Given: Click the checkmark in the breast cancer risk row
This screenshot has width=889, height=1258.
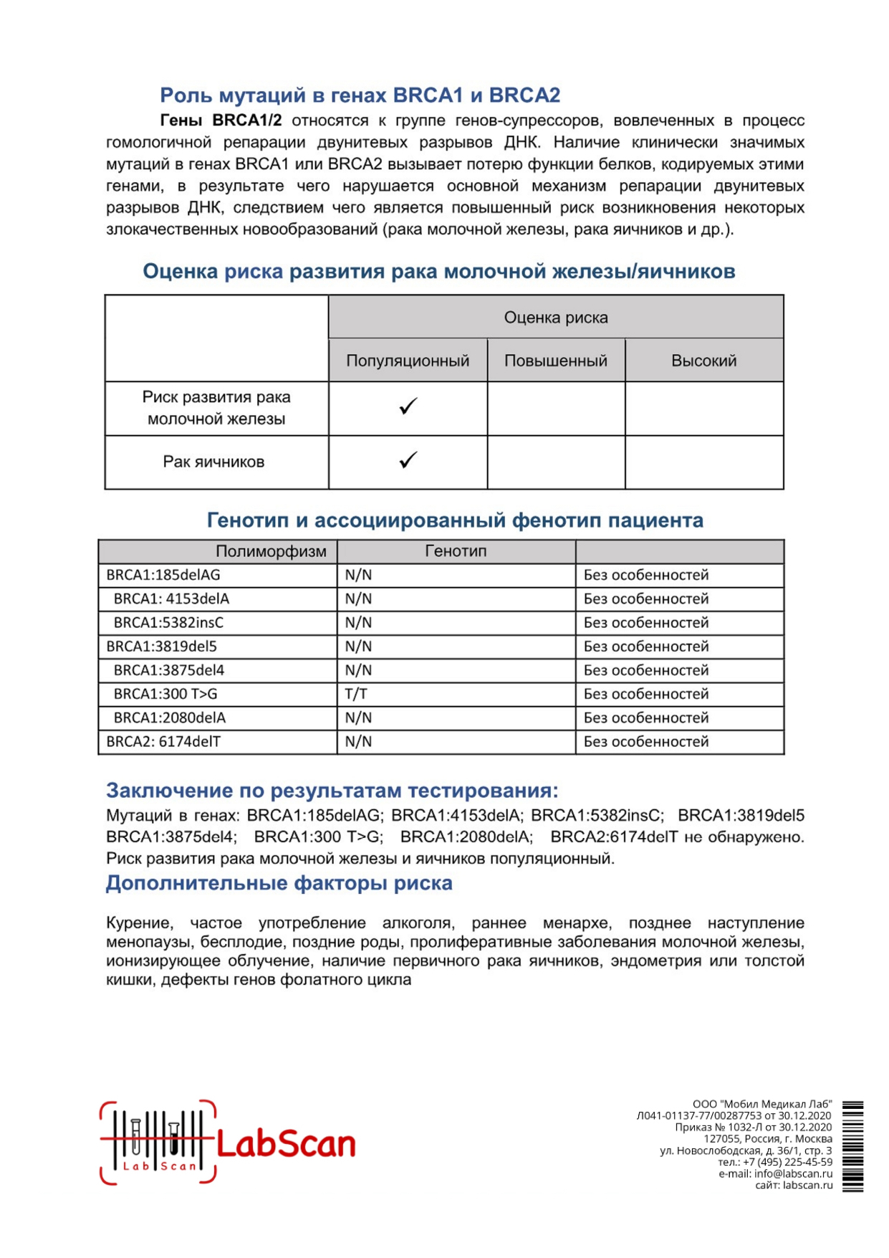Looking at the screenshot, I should point(408,406).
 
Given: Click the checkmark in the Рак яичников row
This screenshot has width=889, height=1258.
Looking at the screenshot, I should point(408,460).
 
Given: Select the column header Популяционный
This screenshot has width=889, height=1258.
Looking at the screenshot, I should point(408,361).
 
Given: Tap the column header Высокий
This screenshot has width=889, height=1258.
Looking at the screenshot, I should point(703,361).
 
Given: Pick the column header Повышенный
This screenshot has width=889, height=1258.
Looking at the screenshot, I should point(556,361).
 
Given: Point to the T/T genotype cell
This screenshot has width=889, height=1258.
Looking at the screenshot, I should point(356,694).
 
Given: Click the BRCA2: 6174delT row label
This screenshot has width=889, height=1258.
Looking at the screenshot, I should point(163,742).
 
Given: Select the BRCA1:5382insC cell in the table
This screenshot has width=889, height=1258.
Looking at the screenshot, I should point(168,622).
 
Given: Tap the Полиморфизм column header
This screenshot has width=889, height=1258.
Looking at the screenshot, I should point(271,551).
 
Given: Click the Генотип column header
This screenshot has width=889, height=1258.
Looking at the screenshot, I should point(456,551).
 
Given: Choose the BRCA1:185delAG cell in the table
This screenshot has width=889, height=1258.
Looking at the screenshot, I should point(163,575).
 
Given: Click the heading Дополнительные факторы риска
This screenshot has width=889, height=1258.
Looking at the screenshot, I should point(279,883).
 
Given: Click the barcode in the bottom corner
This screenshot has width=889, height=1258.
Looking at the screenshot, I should point(852,1146).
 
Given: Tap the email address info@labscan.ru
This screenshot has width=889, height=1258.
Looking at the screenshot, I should point(793,1173).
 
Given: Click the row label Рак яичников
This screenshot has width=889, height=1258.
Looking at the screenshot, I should point(213,462).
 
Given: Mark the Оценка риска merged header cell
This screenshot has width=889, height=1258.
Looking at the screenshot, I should point(556,318).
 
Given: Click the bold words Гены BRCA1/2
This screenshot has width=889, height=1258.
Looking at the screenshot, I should point(221,120).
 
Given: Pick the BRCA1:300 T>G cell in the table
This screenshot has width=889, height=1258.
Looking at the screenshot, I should point(165,694).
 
